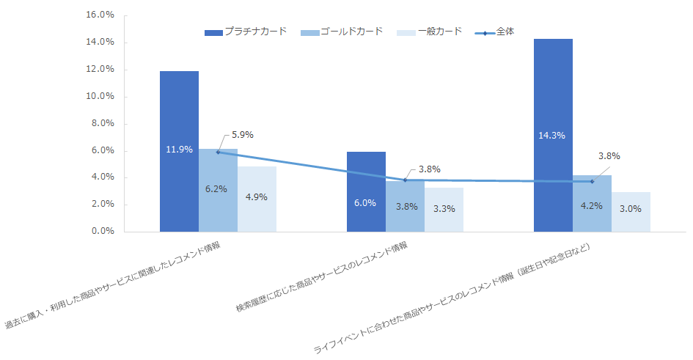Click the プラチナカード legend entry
(x=246, y=32)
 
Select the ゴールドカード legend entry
(x=342, y=32)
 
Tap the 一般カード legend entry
(x=429, y=32)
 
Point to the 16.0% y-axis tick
(x=100, y=15)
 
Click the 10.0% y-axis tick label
(x=100, y=97)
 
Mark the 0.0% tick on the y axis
(x=102, y=232)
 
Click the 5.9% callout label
(x=242, y=135)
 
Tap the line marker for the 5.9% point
(x=218, y=152)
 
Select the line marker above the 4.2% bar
(x=592, y=181)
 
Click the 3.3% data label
(x=444, y=208)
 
